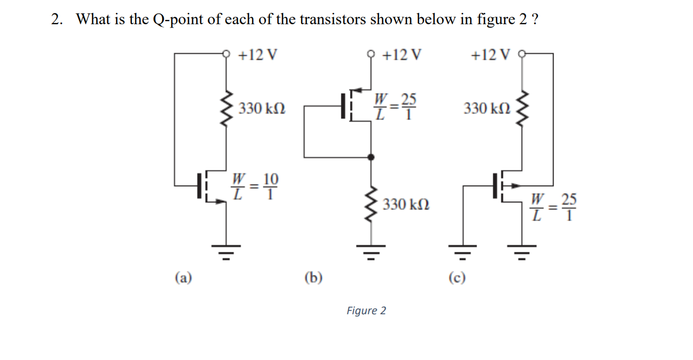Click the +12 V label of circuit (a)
[x=257, y=55]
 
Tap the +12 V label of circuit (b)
[x=402, y=55]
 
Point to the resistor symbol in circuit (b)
[x=370, y=204]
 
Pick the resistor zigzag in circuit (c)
[x=521, y=109]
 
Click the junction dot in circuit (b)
[x=370, y=157]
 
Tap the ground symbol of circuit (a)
[x=226, y=250]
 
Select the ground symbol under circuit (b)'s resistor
[x=370, y=250]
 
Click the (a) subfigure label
[x=183, y=277]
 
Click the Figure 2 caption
[x=366, y=310]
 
